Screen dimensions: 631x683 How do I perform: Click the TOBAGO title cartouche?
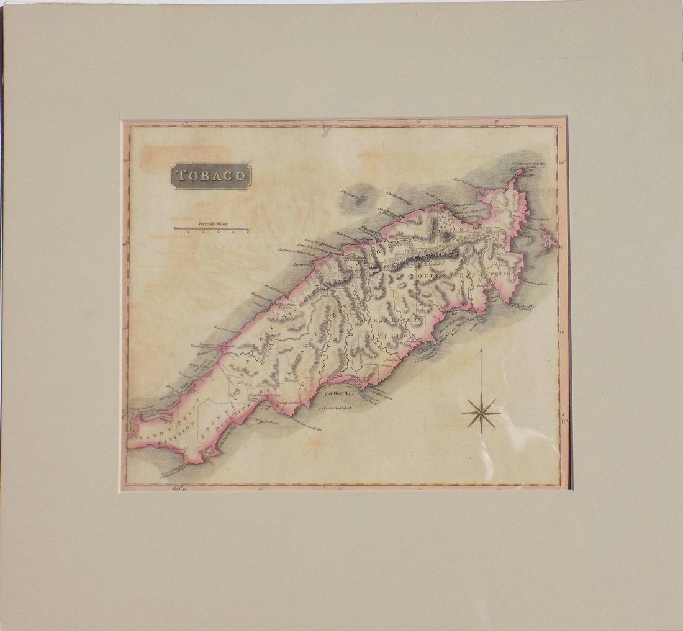(212, 176)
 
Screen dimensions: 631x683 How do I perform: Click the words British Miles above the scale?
(213, 223)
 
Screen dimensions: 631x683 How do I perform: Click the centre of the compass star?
(481, 413)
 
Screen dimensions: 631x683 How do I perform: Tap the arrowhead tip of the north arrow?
(481, 348)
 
